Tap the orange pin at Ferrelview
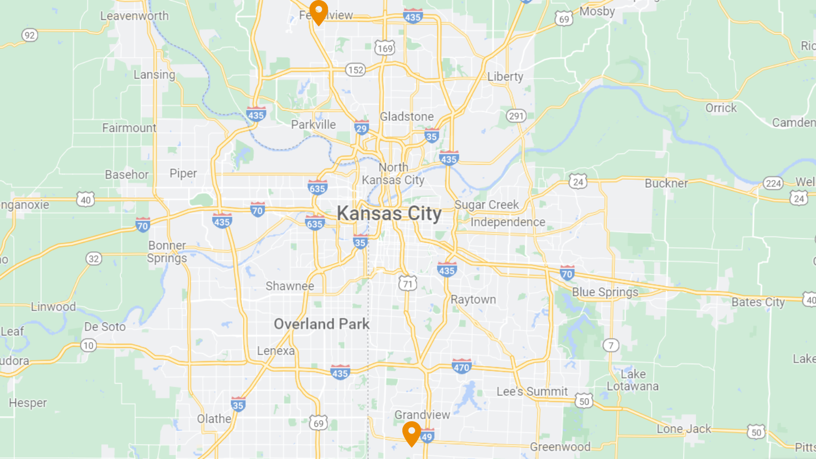(319, 11)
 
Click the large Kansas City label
(389, 213)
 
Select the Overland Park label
(321, 324)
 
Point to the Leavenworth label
(134, 16)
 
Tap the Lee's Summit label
(532, 391)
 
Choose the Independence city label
(507, 222)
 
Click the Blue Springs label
(605, 292)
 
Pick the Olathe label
(214, 419)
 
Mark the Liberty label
(505, 76)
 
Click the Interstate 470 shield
(462, 366)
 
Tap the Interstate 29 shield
(362, 127)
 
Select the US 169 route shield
(385, 48)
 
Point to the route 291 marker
(516, 116)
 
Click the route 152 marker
(355, 70)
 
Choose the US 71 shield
(407, 283)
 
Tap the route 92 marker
(30, 35)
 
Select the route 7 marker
(611, 345)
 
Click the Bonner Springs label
(167, 251)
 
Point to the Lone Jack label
(683, 429)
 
